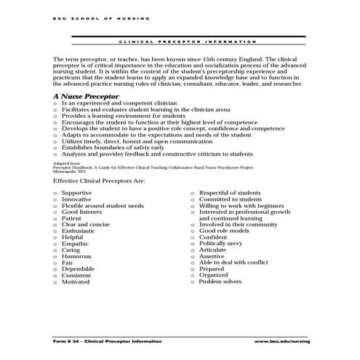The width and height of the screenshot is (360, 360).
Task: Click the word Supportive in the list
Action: click(x=76, y=193)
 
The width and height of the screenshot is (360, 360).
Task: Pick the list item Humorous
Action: click(x=76, y=256)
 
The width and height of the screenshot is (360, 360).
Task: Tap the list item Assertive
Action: click(x=212, y=256)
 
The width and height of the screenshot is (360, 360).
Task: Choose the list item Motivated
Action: click(x=76, y=281)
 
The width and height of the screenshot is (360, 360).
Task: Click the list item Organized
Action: click(x=214, y=275)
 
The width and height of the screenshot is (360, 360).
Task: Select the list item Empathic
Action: click(x=75, y=244)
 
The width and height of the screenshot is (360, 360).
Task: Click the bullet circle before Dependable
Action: click(x=55, y=269)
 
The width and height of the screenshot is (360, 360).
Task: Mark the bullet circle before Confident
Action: click(x=193, y=237)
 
